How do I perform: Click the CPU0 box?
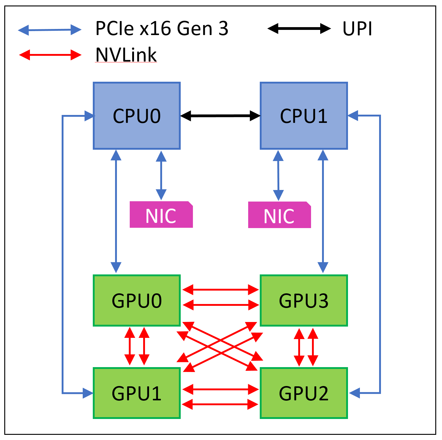coord(137,116)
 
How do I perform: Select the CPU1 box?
coord(304,116)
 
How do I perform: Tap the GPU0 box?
coord(137,301)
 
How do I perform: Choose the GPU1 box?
coord(137,393)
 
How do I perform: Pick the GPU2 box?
coord(304,393)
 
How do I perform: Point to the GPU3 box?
coord(304,301)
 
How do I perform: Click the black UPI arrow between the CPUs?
coord(220,116)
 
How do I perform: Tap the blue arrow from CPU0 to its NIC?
coord(161,175)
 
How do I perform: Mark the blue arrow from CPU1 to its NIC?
coord(278,175)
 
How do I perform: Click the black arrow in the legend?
coord(299,29)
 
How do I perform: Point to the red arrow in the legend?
coord(50,55)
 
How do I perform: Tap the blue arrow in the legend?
coord(50,30)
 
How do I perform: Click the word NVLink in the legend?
coord(126,55)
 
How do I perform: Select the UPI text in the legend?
coord(357,29)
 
